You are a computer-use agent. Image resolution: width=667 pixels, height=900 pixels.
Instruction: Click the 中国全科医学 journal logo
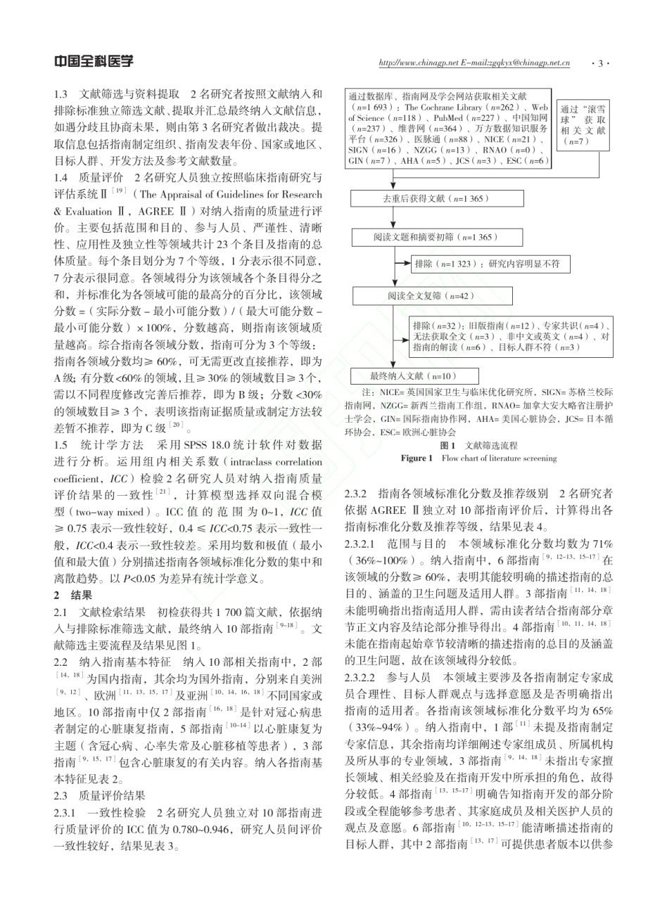coord(94,62)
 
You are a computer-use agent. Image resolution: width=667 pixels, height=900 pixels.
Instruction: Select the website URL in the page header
coord(474,63)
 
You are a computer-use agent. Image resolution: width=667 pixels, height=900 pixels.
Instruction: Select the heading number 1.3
coord(61,94)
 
